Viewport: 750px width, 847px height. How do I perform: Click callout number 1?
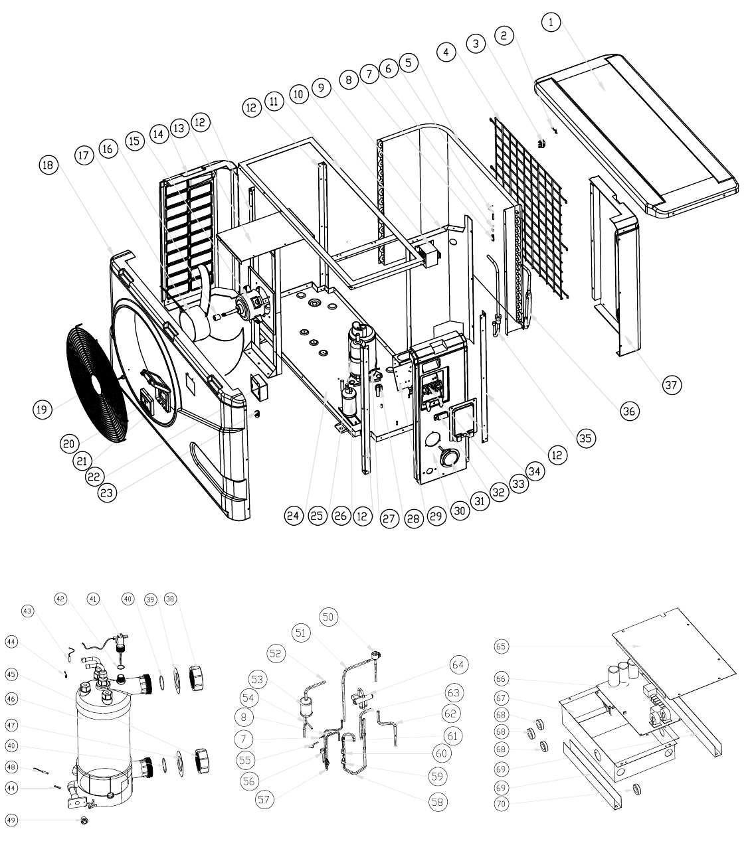point(551,22)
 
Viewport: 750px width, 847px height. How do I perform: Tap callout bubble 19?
point(43,410)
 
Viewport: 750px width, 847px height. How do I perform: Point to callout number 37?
point(672,384)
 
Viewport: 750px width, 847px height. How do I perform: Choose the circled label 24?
point(293,516)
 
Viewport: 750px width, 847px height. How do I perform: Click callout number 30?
point(459,511)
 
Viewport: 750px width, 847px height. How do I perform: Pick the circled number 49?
point(12,820)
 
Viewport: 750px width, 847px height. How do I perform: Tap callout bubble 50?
point(328,617)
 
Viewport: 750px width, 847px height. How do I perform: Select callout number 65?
point(501,646)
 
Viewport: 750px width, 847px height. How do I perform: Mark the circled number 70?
point(501,803)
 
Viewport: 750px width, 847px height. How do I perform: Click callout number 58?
point(437,802)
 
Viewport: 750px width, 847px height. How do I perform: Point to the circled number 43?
point(27,611)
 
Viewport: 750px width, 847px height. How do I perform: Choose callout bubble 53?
point(257,679)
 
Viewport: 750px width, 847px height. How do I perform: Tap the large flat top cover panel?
point(636,136)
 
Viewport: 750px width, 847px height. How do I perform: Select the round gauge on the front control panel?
point(448,456)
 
